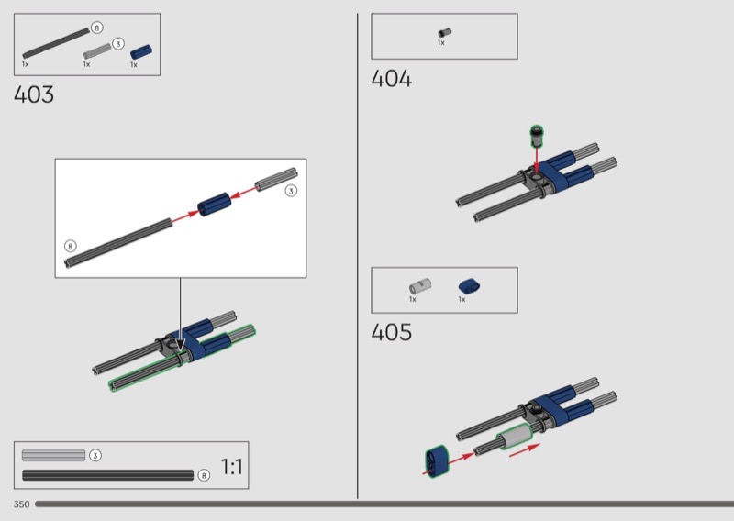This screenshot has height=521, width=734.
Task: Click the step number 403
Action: (34, 94)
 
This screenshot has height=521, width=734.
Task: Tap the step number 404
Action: (392, 78)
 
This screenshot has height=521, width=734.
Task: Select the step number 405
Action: (392, 332)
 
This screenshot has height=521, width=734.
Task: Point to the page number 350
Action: (21, 504)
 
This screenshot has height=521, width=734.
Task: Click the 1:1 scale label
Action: (232, 467)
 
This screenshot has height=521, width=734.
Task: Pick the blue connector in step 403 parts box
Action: (141, 51)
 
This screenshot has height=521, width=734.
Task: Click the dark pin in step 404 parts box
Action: (445, 33)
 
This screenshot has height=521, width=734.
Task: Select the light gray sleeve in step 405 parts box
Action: (420, 285)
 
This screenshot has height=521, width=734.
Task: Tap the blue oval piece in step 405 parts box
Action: (470, 286)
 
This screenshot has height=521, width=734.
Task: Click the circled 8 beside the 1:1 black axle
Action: (204, 475)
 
